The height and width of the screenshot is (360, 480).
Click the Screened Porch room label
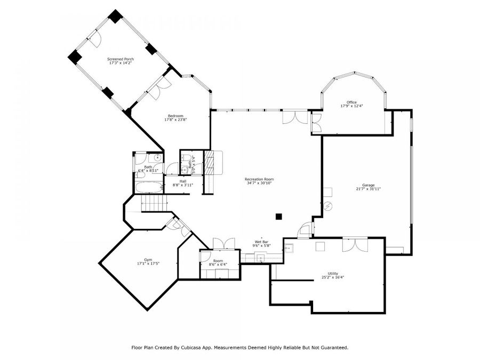pos(121,59)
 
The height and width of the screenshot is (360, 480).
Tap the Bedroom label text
pos(175,116)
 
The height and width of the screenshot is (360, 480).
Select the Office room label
pos(351,102)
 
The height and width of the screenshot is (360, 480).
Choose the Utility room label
pos(325,274)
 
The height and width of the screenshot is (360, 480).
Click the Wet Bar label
pos(261,242)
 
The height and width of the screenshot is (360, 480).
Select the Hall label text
pos(183,181)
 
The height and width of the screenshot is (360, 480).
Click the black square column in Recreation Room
pos(278,216)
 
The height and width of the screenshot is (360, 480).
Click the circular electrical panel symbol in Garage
pos(329,205)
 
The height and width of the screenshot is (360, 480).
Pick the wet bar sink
pos(261,258)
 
